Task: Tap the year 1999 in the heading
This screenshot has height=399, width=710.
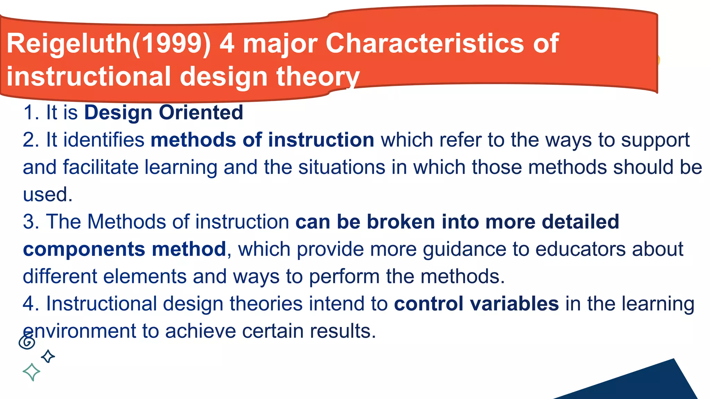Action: [172, 44]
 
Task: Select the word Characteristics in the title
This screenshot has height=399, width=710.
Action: [425, 44]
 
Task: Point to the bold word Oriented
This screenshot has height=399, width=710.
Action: [201, 113]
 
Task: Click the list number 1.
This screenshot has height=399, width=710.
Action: [29, 113]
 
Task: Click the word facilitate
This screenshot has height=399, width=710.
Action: [101, 167]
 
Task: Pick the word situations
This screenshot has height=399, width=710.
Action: [341, 167]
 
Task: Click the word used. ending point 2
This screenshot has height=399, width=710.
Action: [47, 195]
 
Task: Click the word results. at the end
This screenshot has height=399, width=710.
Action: [343, 331]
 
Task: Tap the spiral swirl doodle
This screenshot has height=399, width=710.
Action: [27, 342]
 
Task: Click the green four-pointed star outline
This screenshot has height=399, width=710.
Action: [31, 372]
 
